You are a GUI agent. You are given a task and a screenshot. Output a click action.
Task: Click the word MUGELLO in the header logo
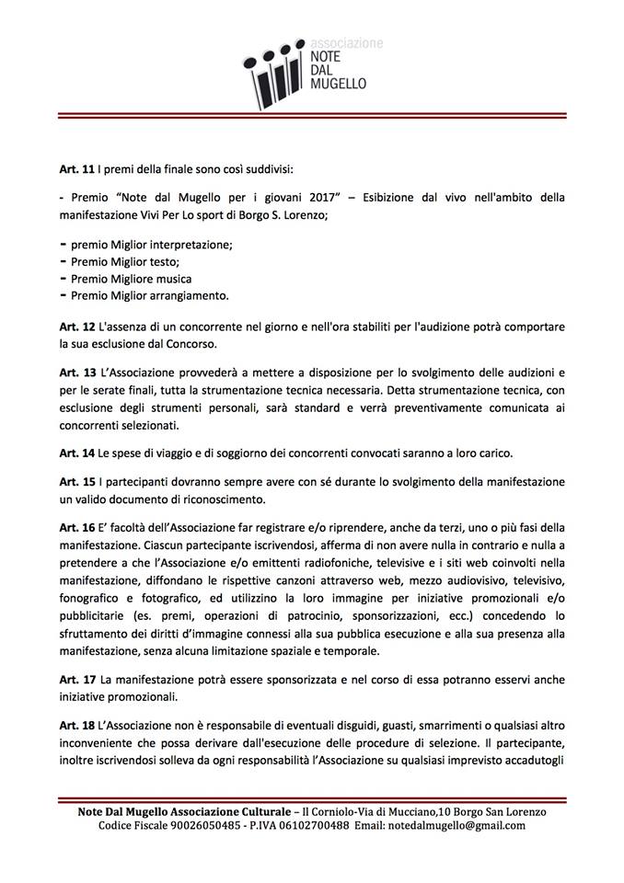point(337,82)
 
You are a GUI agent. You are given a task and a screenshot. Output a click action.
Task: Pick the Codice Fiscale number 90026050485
point(207,825)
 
